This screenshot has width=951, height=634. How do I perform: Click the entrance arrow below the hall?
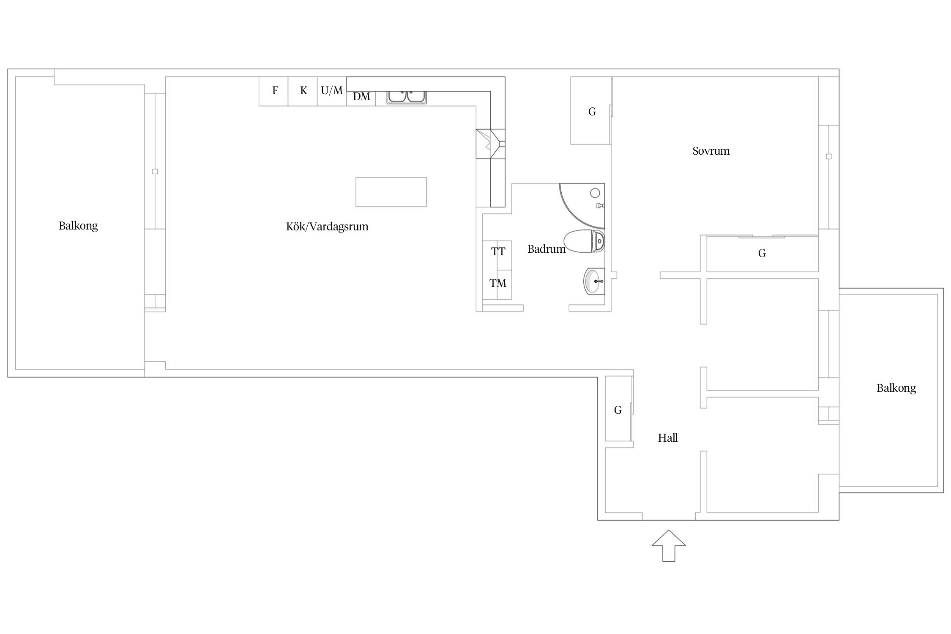[668, 546]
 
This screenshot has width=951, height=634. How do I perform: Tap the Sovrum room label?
[711, 151]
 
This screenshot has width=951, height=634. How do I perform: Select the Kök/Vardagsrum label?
[327, 227]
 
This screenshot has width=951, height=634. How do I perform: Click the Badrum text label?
[547, 249]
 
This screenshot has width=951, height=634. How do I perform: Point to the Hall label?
[668, 438]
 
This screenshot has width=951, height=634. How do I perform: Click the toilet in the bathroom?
[584, 241]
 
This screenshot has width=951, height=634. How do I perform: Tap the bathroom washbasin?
[594, 281]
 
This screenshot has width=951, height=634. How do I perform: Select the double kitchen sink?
[407, 97]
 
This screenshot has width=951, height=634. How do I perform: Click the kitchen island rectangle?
[391, 192]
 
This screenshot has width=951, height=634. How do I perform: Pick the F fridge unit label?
[275, 90]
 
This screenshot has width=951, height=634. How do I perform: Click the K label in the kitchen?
[303, 90]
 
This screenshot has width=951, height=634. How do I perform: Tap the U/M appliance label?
[332, 90]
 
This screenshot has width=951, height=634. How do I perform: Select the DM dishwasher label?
[361, 97]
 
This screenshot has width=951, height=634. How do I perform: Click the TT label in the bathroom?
[498, 252]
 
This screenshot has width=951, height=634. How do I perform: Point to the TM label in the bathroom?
[498, 283]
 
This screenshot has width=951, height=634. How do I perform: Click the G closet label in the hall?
[618, 410]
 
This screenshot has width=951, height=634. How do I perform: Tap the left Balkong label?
[78, 226]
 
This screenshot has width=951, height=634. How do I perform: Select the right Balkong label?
[896, 388]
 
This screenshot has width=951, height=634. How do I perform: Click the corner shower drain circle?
[595, 194]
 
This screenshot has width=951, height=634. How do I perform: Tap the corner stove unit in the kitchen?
[490, 144]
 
